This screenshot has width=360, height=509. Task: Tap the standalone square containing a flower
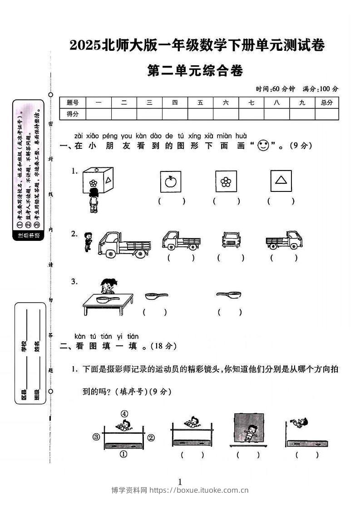pos(226,181)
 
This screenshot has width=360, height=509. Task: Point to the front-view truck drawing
pos(230,239)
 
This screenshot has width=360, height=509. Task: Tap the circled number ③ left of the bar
pos(96,437)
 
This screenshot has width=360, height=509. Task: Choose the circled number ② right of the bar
pos(151,437)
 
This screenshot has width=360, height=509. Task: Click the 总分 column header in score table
pos(326,103)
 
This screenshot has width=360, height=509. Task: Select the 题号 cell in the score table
pos(73,103)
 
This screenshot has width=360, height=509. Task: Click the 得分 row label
pos(73,114)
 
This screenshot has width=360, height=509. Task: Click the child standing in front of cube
pos(94,200)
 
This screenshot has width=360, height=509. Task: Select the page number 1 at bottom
pos(180,481)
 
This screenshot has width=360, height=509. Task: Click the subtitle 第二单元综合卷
pos(196,71)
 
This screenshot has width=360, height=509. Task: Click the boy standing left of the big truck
pos(88,241)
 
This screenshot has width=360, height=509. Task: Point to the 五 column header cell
pos(200,103)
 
